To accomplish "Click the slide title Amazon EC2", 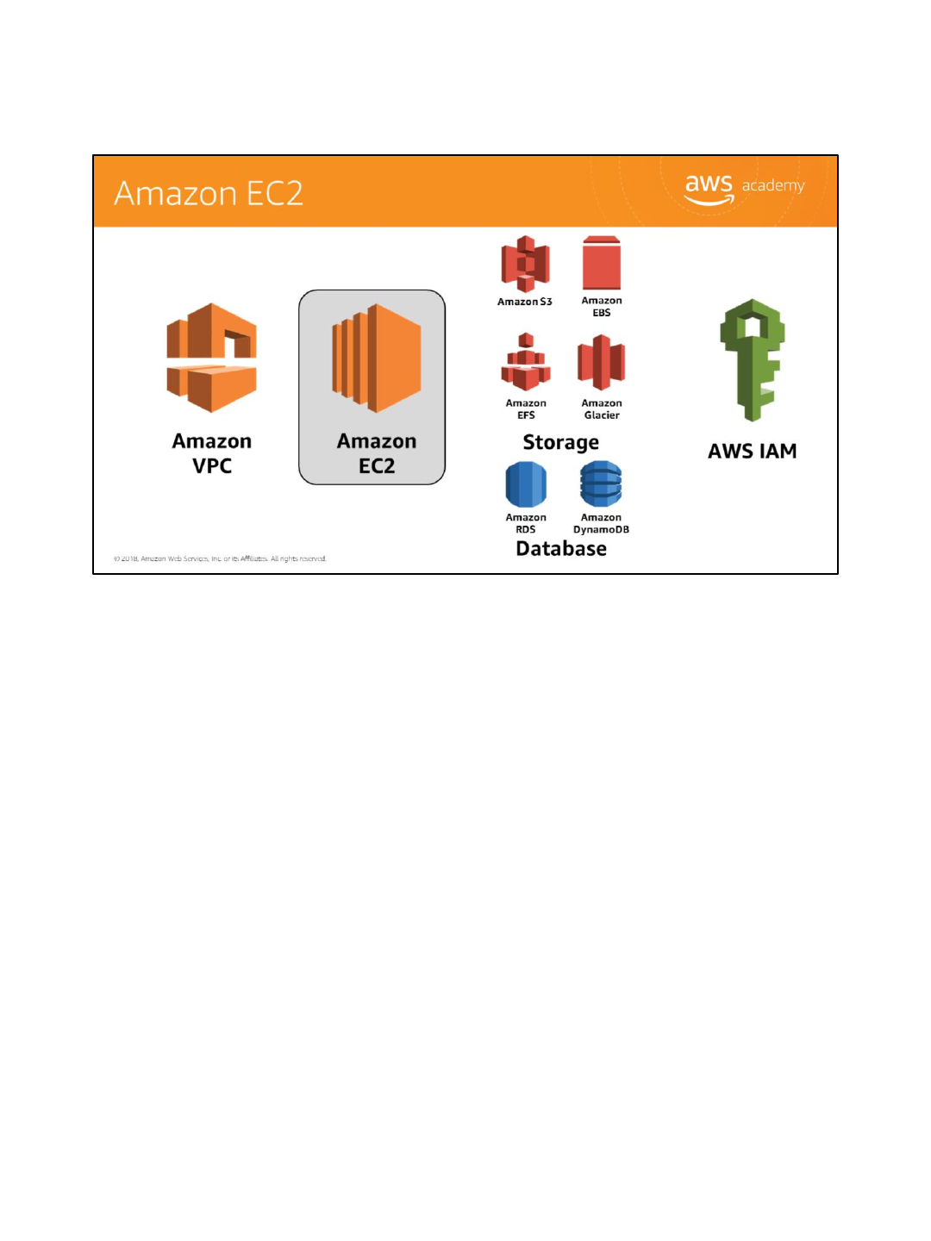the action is (209, 193).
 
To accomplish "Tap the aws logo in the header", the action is (709, 188).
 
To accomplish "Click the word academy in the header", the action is (773, 185).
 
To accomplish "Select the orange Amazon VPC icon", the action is (212, 358).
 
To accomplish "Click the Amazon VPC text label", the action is (212, 453).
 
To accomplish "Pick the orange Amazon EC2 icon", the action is (377, 358).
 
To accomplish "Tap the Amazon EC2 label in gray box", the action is (377, 453).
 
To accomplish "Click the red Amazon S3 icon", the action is (525, 264).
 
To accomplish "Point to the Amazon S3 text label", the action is (524, 302).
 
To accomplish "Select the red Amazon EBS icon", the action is (602, 264).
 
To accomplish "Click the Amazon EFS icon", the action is (526, 363).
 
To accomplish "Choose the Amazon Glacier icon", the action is (601, 363).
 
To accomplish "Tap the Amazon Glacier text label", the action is (602, 409).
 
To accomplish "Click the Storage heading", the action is (561, 442).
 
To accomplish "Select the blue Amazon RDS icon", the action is (526, 484).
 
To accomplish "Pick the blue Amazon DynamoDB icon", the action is (601, 484).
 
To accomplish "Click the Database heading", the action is (561, 549).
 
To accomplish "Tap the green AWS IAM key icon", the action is (753, 359).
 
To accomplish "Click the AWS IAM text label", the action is (753, 451).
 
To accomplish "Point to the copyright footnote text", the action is (220, 558).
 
